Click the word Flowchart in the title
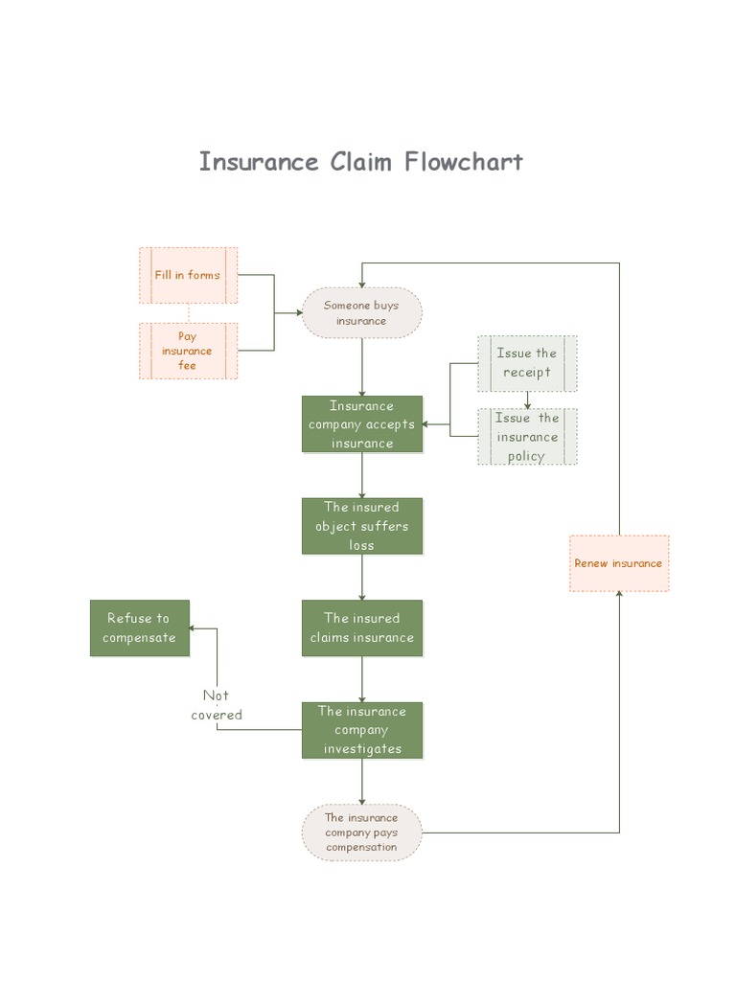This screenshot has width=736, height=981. point(464,161)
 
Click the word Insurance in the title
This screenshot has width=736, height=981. point(259,161)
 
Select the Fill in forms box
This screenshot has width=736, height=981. point(188,275)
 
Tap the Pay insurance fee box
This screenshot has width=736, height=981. point(188,351)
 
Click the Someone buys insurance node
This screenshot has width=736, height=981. point(361,313)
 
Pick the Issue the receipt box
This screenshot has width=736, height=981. point(527,363)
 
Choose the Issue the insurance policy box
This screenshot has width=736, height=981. point(527,437)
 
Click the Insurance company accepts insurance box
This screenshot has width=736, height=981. point(361,424)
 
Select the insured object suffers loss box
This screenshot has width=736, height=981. point(361,526)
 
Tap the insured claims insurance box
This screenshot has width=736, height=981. point(361,627)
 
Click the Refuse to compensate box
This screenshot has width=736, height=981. point(140,628)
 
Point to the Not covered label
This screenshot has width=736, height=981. point(217,705)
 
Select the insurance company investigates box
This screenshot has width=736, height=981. point(361,730)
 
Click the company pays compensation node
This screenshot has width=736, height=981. point(361,833)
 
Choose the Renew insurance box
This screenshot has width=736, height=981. point(618,563)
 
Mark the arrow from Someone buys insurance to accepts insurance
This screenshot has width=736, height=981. point(361,368)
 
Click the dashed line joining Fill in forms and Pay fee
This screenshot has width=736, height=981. point(188,313)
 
